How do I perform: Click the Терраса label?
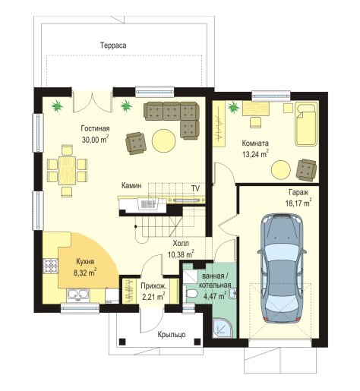pyautogui.click(x=113, y=46)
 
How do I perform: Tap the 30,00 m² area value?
pyautogui.click(x=95, y=140)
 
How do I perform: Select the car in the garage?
pyautogui.click(x=283, y=269)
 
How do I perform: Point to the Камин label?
pyautogui.click(x=131, y=185)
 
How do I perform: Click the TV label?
pyautogui.click(x=195, y=188)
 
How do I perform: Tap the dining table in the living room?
pyautogui.click(x=67, y=170)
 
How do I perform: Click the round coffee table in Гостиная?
pyautogui.click(x=164, y=140)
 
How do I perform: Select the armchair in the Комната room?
pyautogui.click(x=306, y=170)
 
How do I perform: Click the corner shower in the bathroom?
pyautogui.click(x=223, y=329)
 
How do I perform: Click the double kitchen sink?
pyautogui.click(x=77, y=295)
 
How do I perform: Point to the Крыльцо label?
pyautogui.click(x=172, y=334)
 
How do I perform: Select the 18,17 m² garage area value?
pyautogui.click(x=298, y=203)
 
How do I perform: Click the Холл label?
pyautogui.click(x=181, y=244)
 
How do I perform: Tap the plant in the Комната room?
pyautogui.click(x=233, y=107)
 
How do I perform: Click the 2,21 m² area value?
pyautogui.click(x=153, y=296)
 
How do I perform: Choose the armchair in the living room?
pyautogui.click(x=136, y=143)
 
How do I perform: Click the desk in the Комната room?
pyautogui.click(x=256, y=109)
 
